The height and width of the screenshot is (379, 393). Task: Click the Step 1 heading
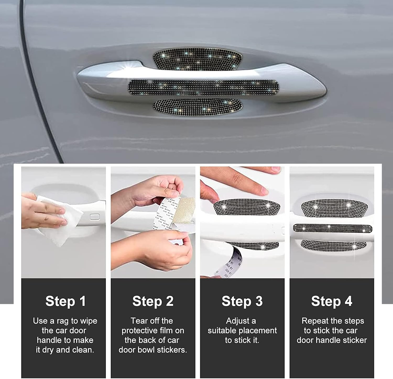point(65,301)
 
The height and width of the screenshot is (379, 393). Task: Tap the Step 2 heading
point(153,301)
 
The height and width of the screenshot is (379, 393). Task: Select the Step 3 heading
point(242,301)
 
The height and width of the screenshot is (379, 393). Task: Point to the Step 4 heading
point(331,301)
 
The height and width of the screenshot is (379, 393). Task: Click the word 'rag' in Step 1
point(63,321)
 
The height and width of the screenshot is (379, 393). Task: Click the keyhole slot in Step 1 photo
point(95,217)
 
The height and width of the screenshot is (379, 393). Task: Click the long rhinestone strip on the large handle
point(203,88)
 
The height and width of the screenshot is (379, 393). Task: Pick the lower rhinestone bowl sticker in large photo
point(197,107)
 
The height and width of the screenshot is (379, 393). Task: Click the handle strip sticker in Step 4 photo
point(332,228)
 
